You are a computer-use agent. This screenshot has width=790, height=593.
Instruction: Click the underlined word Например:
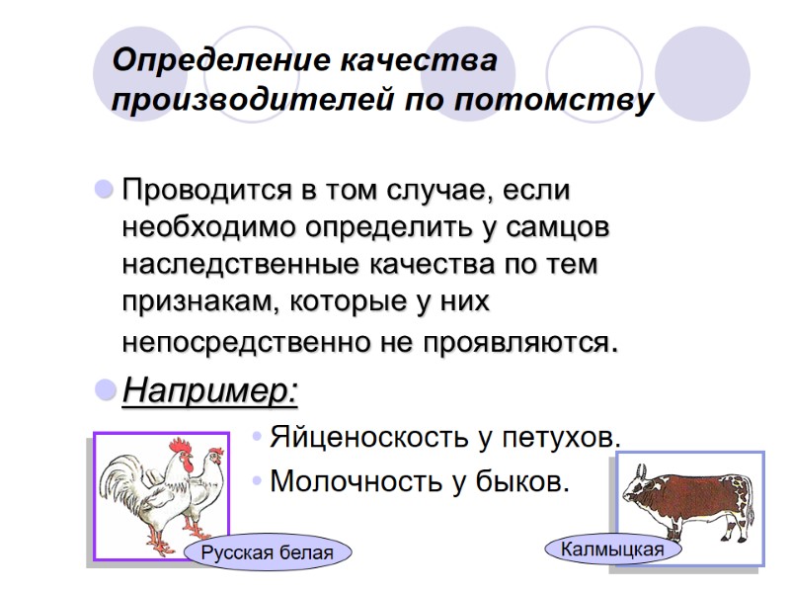(208, 391)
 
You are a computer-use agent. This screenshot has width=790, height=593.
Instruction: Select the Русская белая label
(267, 552)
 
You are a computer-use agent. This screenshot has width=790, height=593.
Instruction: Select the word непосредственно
(246, 343)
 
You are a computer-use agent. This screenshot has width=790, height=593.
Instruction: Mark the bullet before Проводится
(103, 188)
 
